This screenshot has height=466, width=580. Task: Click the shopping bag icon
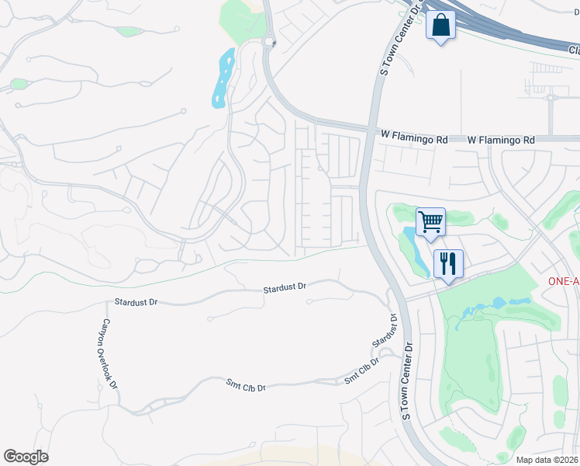pos(440,26)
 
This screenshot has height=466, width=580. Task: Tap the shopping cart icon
pos(430,222)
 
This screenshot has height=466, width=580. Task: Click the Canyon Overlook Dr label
pos(109,353)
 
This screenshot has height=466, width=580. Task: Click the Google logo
pos(26,457)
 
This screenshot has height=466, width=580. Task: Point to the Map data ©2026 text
pos(547,460)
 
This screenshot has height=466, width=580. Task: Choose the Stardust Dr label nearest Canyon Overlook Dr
pos(136,301)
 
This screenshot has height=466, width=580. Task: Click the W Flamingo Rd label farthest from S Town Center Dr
pos(502,140)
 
